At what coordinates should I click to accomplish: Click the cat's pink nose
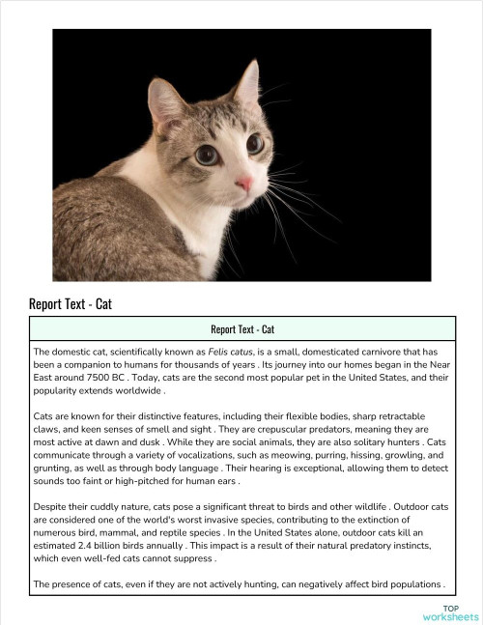click(x=245, y=184)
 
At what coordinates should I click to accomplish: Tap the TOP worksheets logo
click(x=450, y=612)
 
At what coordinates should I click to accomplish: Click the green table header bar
click(x=241, y=328)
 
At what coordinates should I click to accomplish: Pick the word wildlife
click(x=353, y=504)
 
